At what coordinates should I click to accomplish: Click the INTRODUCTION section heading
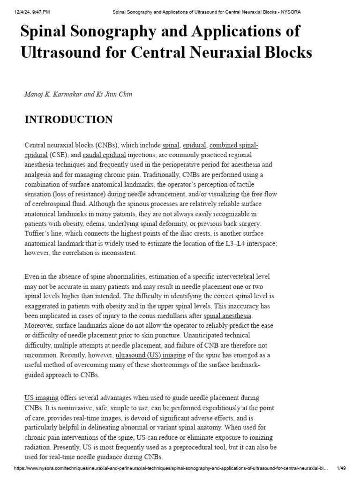[68, 120]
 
